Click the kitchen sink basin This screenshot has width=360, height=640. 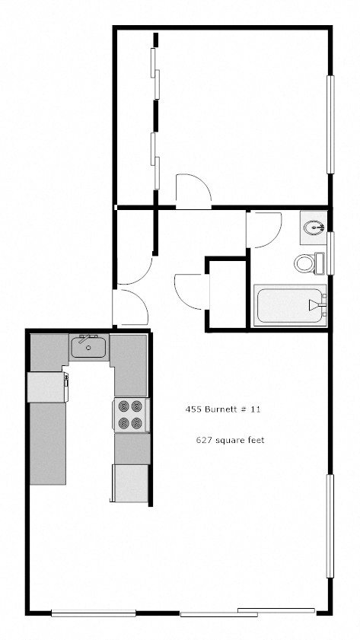pos(89,349)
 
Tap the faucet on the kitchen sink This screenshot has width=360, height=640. pos(83,339)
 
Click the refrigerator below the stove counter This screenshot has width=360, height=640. pos(129,482)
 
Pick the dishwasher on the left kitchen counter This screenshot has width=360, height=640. pos(46,387)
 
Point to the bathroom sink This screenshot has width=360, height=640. pos(314,226)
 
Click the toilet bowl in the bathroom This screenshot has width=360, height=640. pos(305,263)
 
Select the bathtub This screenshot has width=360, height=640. pos(289,305)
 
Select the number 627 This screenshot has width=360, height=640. pos(204,441)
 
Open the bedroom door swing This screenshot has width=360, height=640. pos(190,191)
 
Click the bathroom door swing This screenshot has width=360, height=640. pos(263,228)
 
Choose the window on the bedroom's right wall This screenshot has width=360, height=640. pos(330,124)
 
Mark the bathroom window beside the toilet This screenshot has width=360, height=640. pos(330,252)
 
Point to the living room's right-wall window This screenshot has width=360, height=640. pos(330,526)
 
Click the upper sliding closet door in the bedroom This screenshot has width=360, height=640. pos(156,73)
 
